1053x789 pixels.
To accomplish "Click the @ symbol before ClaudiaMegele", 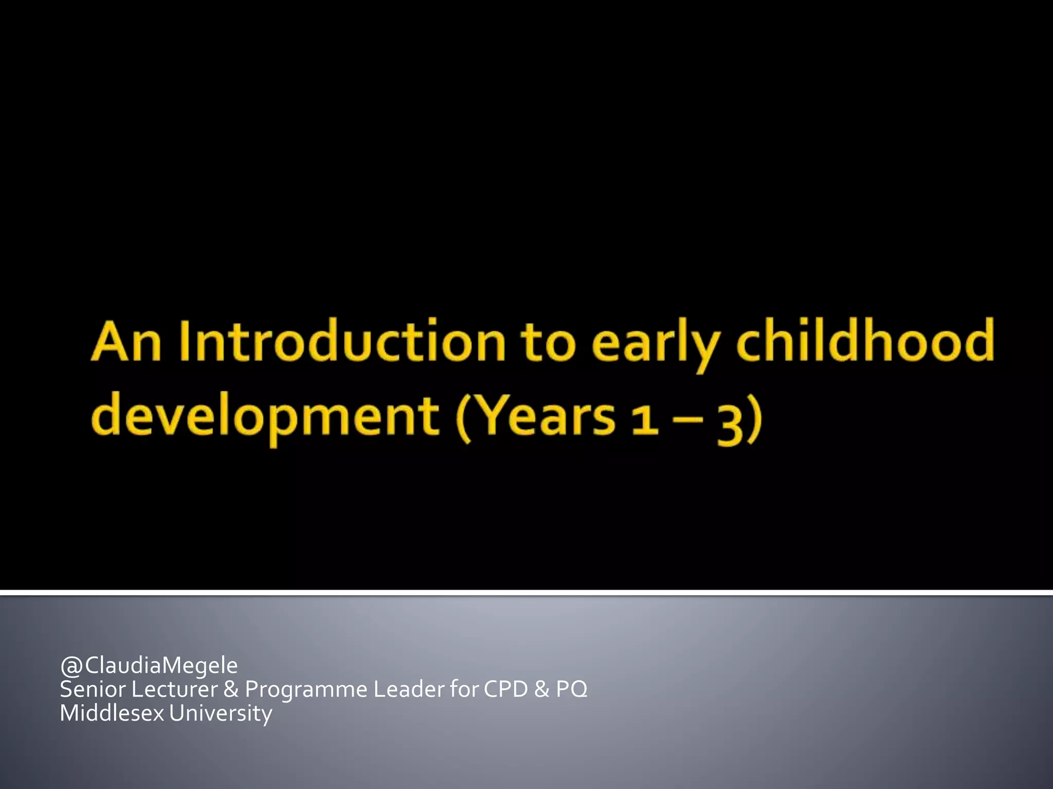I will (71, 666).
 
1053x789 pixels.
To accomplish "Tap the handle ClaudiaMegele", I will (160, 666).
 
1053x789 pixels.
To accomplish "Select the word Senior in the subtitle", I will (93, 689).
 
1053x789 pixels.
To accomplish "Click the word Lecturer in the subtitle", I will (175, 689).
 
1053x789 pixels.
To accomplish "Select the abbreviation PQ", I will (571, 689).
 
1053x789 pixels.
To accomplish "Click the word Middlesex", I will (112, 713).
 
